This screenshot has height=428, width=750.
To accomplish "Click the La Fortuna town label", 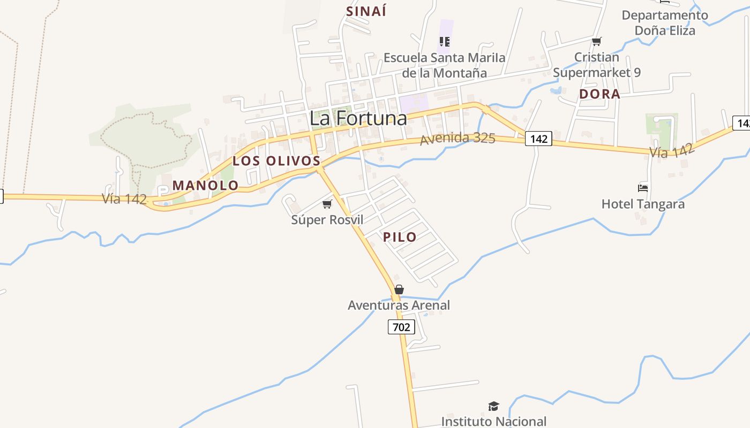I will click(x=358, y=118).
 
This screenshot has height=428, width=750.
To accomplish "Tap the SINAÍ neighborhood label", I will click(x=366, y=11).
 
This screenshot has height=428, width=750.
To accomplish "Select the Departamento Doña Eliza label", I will click(x=665, y=23).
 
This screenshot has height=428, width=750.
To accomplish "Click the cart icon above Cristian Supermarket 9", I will click(x=597, y=41).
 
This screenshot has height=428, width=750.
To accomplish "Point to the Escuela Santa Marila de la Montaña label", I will click(x=444, y=65).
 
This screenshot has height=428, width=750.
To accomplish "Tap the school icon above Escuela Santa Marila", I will click(x=444, y=41).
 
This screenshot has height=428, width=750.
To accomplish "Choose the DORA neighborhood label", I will click(x=599, y=94).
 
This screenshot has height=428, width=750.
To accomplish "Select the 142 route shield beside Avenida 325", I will click(x=538, y=139).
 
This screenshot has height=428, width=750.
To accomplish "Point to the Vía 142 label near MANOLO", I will click(x=124, y=199).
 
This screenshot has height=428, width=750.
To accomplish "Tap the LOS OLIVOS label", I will click(x=276, y=161).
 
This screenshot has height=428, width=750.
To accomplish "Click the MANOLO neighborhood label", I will click(x=205, y=186).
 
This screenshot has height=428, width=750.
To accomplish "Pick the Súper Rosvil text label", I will click(x=327, y=220).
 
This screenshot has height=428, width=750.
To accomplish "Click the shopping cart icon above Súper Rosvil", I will click(x=327, y=204).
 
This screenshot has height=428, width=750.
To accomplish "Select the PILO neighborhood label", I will click(x=400, y=238).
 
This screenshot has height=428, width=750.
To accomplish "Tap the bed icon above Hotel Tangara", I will click(x=643, y=188).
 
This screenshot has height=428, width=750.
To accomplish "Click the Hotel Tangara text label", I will click(x=643, y=204).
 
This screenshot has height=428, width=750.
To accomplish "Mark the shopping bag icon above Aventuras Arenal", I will click(x=399, y=289).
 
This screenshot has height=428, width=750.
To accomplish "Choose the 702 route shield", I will click(x=401, y=327).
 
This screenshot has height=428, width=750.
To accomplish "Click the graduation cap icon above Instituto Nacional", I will click(x=493, y=407).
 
